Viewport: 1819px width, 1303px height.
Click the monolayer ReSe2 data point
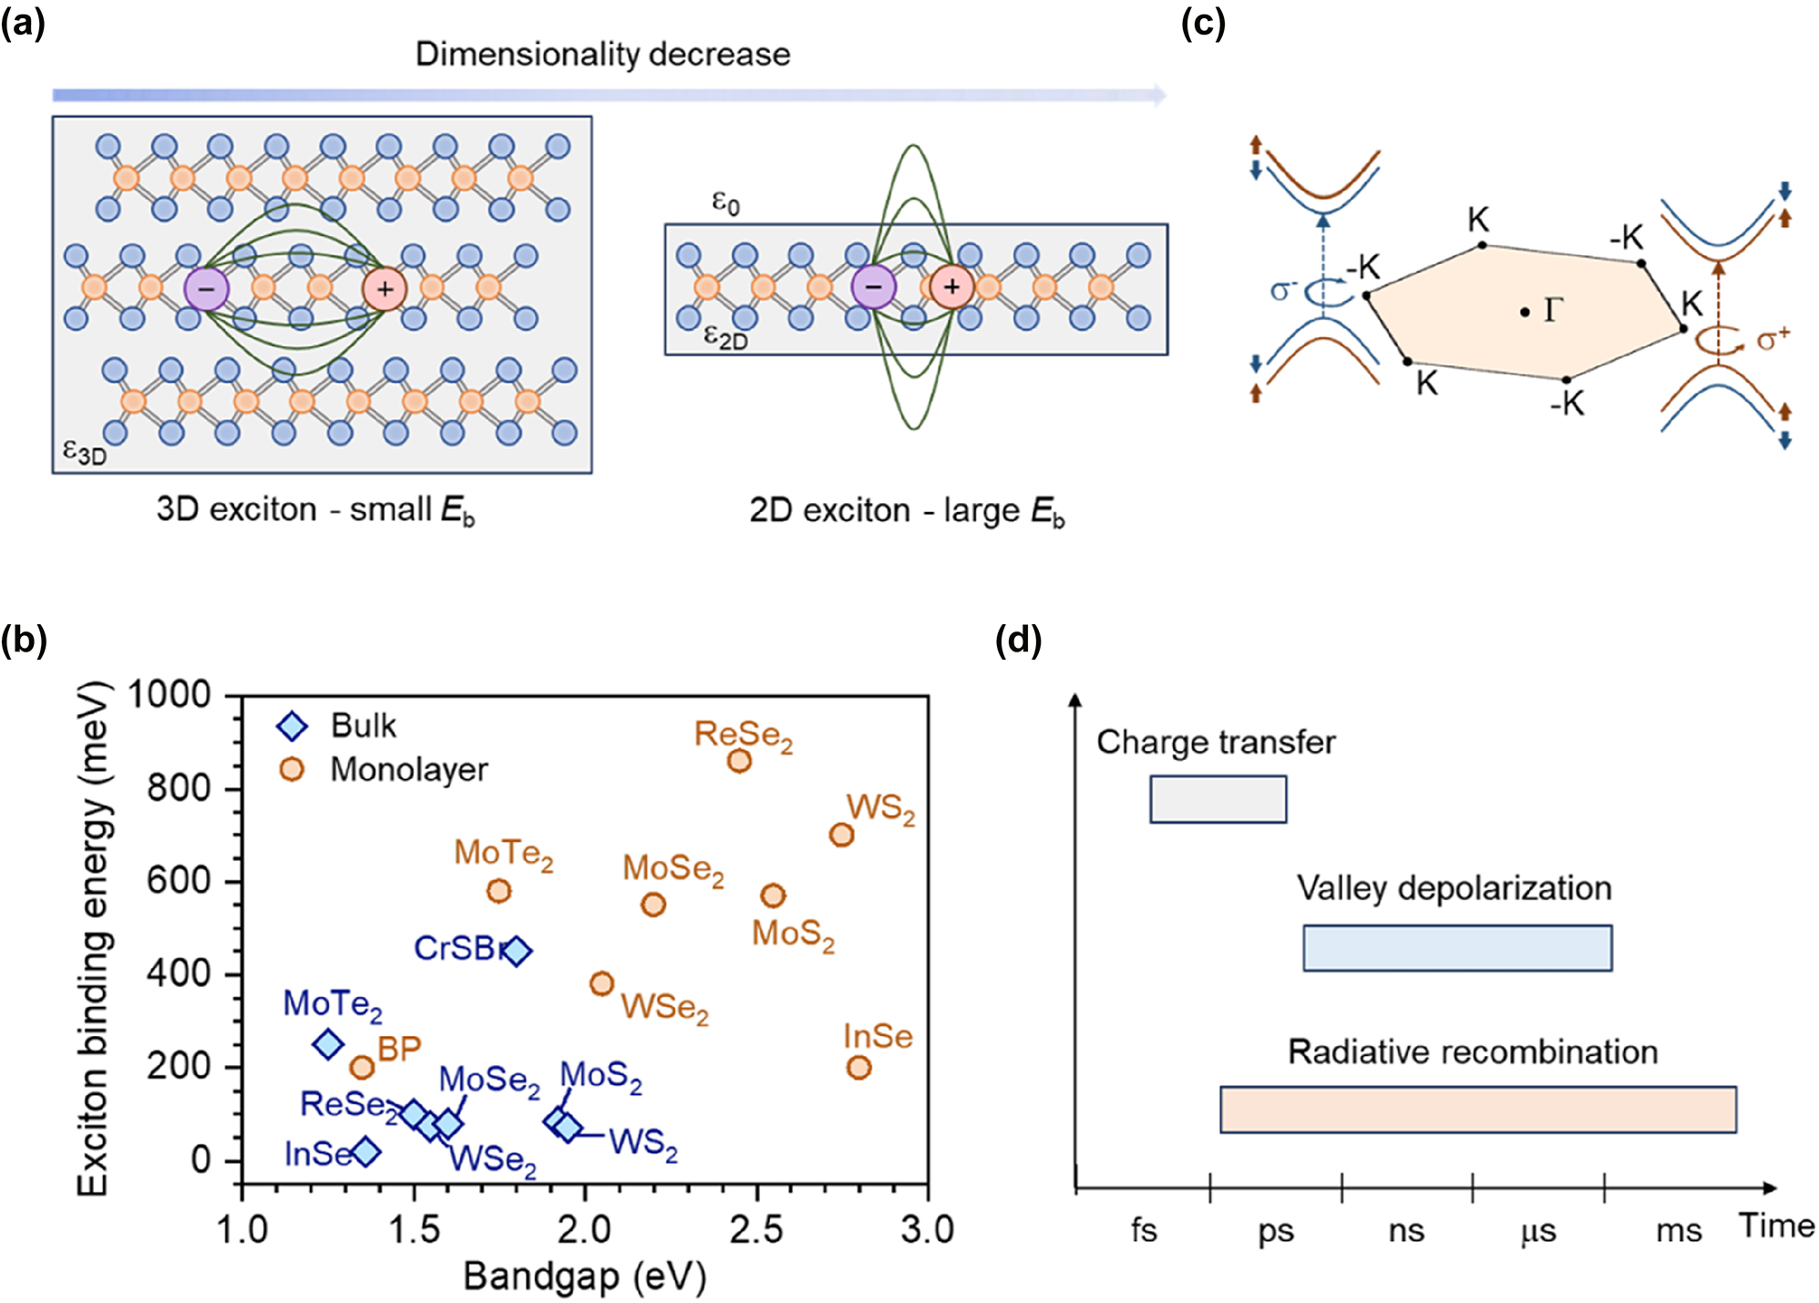[x=739, y=760]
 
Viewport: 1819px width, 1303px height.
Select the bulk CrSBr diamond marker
[x=517, y=950]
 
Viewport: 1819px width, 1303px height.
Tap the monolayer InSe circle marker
[x=858, y=1067]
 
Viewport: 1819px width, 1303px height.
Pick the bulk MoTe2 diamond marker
[x=328, y=1044]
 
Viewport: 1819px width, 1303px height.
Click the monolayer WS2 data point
[x=841, y=835]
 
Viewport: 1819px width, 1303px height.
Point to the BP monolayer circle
[x=362, y=1067]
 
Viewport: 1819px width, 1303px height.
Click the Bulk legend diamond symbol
[x=292, y=726]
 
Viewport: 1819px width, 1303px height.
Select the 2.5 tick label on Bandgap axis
[x=755, y=1230]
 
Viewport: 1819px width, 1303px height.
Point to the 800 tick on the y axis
[x=179, y=787]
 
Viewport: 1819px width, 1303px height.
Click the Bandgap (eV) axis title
[x=584, y=1277]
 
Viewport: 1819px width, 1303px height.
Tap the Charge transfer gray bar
[x=1218, y=799]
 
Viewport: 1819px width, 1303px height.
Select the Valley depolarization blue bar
[x=1456, y=948]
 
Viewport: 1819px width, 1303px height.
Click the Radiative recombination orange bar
[x=1477, y=1109]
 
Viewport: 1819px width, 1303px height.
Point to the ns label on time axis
[x=1406, y=1231]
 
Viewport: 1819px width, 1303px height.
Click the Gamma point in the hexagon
[x=1525, y=313]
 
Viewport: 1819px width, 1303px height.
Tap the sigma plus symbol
[x=1773, y=340]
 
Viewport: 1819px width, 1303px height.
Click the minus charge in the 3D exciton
[x=206, y=289]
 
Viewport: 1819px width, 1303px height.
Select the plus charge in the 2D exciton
[x=951, y=287]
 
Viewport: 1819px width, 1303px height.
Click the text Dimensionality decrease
[x=602, y=54]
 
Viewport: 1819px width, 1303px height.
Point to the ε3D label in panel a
[x=84, y=452]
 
